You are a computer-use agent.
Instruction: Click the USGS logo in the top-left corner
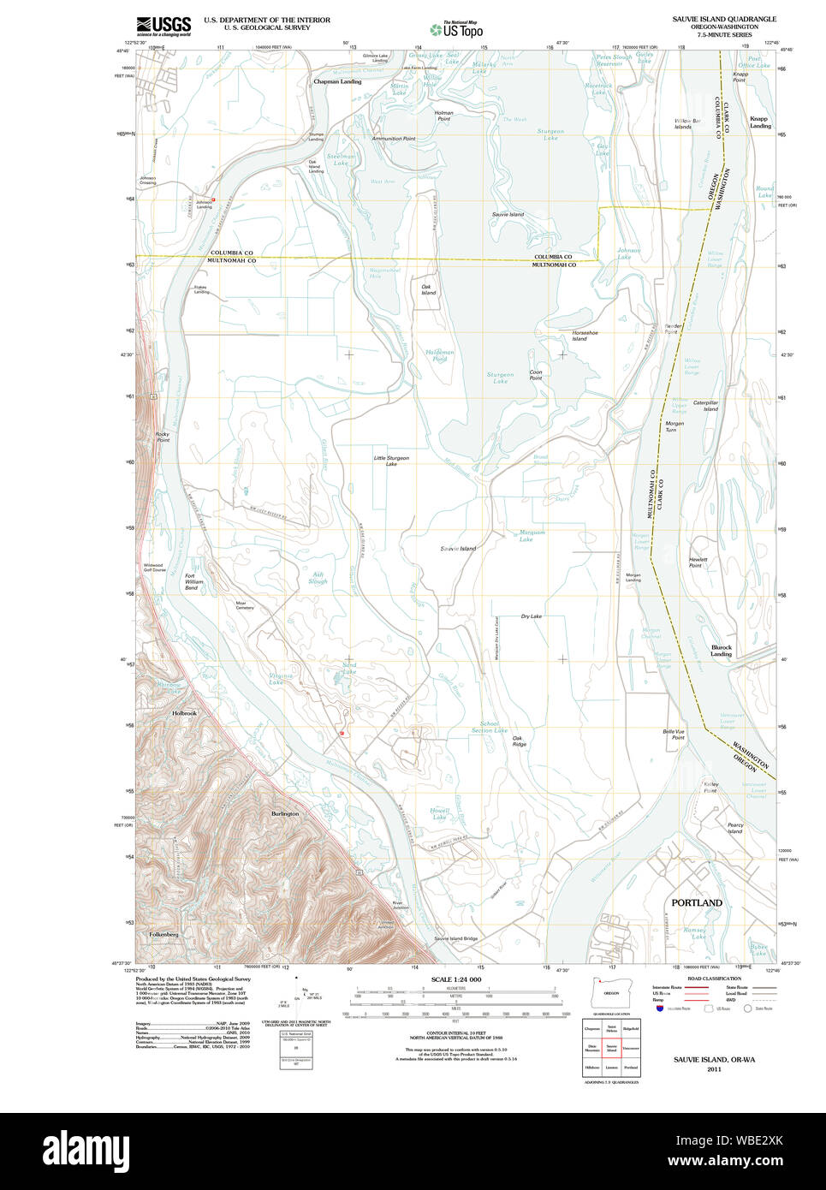[163, 25]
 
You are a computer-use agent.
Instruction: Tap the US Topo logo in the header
[456, 30]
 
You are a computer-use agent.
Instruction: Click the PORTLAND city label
[696, 902]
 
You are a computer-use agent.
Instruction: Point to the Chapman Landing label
[337, 81]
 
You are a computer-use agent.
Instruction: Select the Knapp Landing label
[759, 122]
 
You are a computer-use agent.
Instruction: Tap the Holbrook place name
[184, 713]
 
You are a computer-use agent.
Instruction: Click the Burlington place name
[285, 813]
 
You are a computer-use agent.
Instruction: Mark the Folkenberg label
[163, 934]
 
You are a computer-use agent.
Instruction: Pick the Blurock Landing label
[721, 651]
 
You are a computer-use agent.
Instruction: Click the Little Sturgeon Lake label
[391, 461]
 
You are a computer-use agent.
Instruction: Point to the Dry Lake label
[531, 616]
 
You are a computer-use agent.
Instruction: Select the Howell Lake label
[439, 813]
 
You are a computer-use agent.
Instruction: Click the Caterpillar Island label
[705, 405]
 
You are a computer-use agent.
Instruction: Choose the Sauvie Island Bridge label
[455, 938]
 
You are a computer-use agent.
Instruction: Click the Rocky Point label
[163, 437]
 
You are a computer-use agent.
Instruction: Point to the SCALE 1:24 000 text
[456, 979]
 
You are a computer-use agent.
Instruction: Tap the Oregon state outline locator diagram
[611, 992]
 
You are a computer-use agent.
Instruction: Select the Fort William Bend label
[194, 582]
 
